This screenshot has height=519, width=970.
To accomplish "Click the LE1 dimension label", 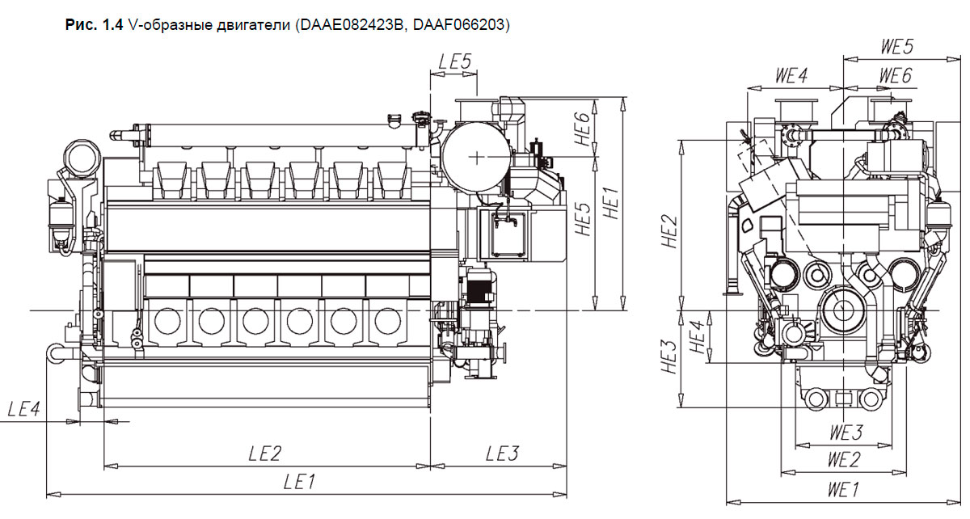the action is tap(300, 482).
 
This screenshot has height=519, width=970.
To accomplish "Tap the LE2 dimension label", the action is tap(264, 454).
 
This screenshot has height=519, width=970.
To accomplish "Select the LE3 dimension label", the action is tap(502, 454).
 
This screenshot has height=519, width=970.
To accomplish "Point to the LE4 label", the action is tap(23, 409).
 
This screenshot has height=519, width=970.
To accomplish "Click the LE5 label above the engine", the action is tap(454, 61).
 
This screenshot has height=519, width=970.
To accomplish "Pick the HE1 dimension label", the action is tap(610, 203).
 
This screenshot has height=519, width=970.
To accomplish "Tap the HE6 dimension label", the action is tap(583, 129).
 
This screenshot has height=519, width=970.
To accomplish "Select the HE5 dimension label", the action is tap(583, 219).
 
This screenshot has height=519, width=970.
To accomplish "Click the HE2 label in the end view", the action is tap(669, 232).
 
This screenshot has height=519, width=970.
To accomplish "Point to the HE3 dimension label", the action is tap(669, 357).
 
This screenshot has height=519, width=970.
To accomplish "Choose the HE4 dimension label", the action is tap(698, 337).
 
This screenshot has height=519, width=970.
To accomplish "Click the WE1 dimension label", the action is tap(842, 490).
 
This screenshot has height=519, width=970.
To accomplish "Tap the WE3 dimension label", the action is tap(846, 432).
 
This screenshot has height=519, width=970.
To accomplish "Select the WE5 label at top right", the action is tap(897, 47).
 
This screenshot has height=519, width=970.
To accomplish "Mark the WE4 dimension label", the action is tap(791, 76).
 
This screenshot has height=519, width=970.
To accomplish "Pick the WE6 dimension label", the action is tap(896, 76).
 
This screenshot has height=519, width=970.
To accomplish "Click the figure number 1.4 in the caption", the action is tap(113, 25).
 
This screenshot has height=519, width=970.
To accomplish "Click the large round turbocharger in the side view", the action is tap(476, 157).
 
